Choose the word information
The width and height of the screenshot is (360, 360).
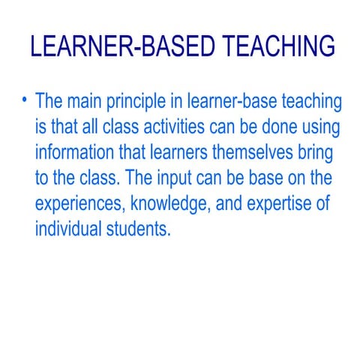[x=77, y=153]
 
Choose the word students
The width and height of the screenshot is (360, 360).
[x=142, y=229]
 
